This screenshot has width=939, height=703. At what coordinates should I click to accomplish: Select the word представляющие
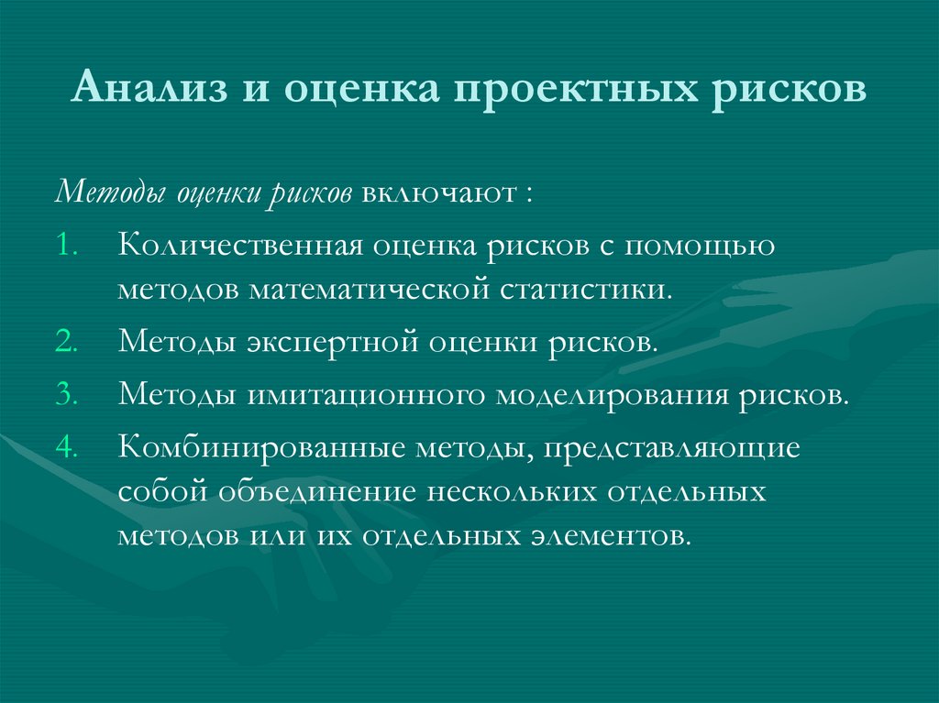coord(670,447)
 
